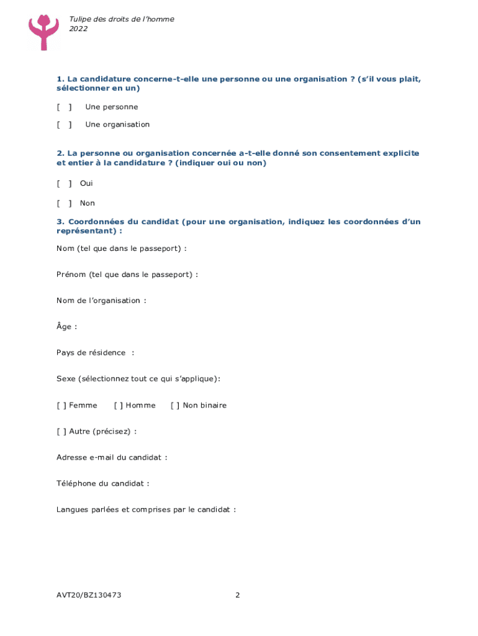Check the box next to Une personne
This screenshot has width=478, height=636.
64,107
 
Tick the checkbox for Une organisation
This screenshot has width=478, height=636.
64,124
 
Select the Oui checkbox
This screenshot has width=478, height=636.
64,183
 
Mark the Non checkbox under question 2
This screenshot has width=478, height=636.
64,203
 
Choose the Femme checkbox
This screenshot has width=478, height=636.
61,406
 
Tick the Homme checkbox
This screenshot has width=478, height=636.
119,406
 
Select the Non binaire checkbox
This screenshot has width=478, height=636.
175,406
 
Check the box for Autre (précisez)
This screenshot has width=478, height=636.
61,432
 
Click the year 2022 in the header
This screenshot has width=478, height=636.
78,29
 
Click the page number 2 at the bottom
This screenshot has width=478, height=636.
238,595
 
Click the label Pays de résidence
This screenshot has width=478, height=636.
91,353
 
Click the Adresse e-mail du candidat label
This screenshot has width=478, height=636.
109,458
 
